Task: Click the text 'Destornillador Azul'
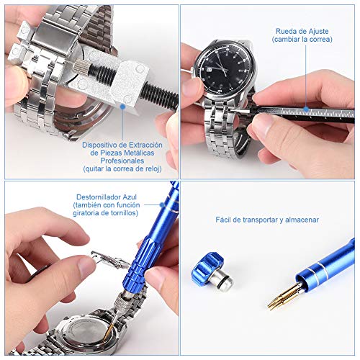point(106,196)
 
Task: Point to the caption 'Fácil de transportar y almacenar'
point(267,220)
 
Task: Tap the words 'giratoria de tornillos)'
point(106,213)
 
